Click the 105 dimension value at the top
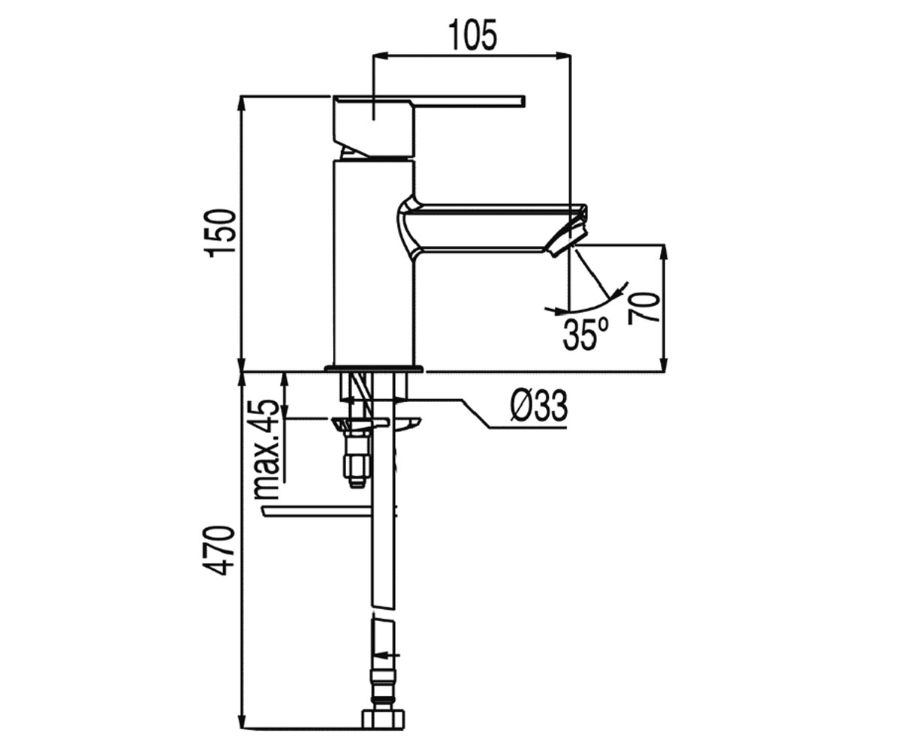tap(473, 35)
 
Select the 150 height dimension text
tap(221, 233)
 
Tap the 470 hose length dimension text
tap(221, 550)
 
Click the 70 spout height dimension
tap(643, 307)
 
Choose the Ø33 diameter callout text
tap(538, 406)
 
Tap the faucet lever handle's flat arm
tap(469, 100)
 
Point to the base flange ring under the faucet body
tap(374, 368)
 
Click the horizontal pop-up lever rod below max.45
tap(318, 511)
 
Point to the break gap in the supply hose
tap(383, 613)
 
